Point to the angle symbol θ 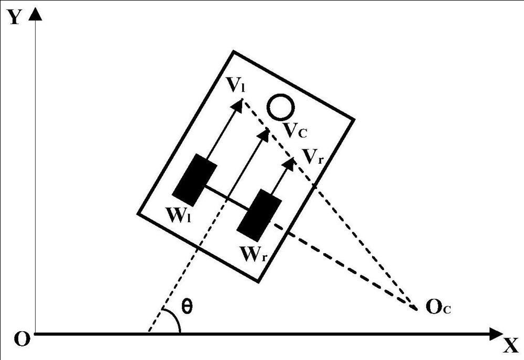pos(187,306)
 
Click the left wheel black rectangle pos(195,180)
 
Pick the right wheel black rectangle pos(259,212)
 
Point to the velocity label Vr pos(314,156)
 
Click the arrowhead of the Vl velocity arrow pos(238,104)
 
